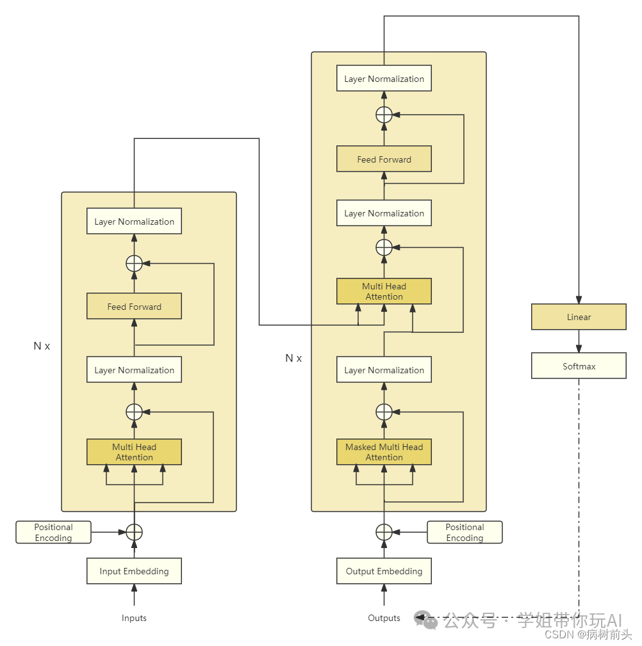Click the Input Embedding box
click(x=134, y=571)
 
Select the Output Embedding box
click(x=384, y=571)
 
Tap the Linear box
click(x=579, y=317)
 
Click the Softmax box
click(x=579, y=366)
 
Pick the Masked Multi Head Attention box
click(x=384, y=452)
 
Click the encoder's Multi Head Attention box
click(x=134, y=452)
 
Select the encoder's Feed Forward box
click(x=134, y=307)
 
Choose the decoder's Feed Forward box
click(x=384, y=159)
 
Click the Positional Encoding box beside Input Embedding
click(x=53, y=532)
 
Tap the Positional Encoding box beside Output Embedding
click(x=465, y=532)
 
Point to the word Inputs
click(x=134, y=618)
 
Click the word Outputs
click(x=384, y=618)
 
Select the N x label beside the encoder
click(x=42, y=346)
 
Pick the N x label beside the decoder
click(x=293, y=358)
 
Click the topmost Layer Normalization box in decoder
click(x=384, y=79)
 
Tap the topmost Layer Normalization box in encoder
click(x=134, y=222)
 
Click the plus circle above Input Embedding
click(x=134, y=532)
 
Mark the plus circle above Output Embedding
click(x=384, y=532)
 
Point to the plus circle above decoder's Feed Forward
click(x=384, y=115)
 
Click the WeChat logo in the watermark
click(x=425, y=620)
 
